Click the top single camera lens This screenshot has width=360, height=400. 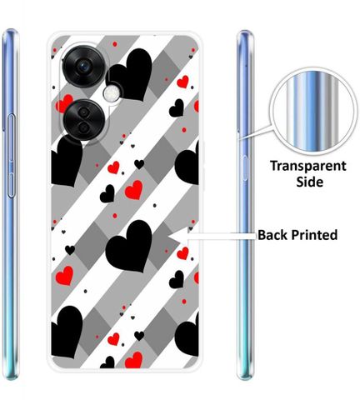pos(83,67)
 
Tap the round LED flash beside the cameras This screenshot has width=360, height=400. pos(112,93)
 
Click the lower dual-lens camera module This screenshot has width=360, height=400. pos(84,120)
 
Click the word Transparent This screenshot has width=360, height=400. pos(308,166)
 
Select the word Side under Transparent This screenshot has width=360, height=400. pos(310,182)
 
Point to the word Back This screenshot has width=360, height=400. pos(272,235)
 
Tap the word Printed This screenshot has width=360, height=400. pos(314,235)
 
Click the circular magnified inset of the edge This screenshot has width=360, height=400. pos(314,111)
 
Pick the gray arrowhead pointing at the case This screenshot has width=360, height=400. pos(179,236)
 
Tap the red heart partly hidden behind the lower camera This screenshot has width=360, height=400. pos(64,103)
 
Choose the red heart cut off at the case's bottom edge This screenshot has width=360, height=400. pos(133,360)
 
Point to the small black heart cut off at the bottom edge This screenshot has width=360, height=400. pos(107,362)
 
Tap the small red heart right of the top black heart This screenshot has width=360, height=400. pos(182,82)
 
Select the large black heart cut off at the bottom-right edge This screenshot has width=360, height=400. pos(187,334)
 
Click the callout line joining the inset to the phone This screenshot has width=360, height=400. pos(256,132)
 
